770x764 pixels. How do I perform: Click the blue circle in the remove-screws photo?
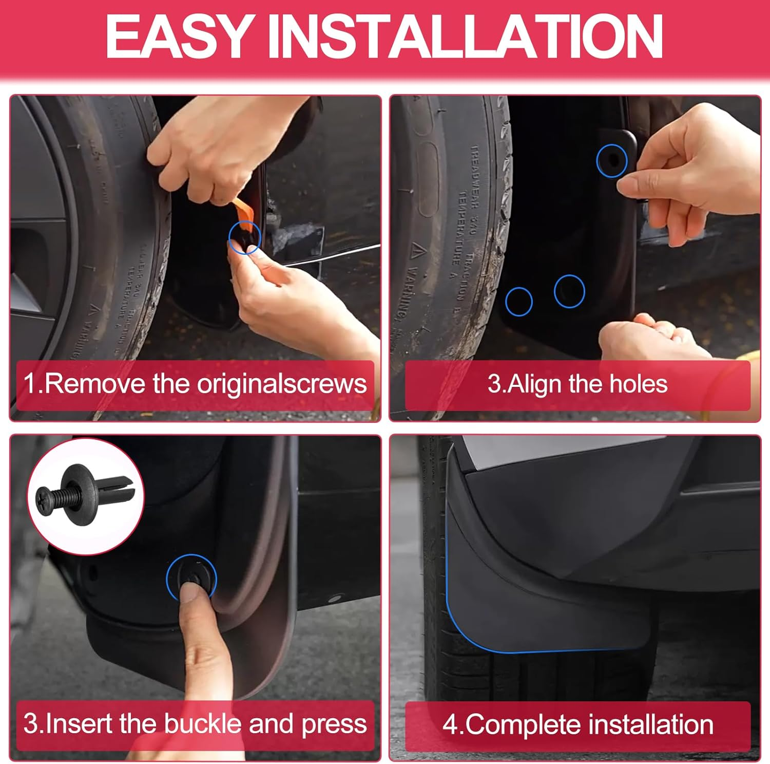pos(245,238)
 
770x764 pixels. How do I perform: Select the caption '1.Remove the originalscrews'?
pos(195,384)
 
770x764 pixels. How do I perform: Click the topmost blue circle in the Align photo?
pos(612,160)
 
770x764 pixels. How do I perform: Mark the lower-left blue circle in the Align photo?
pos(518,301)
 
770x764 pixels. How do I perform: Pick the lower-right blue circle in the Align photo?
pos(569,291)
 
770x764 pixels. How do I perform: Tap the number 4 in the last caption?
pos(450,725)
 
